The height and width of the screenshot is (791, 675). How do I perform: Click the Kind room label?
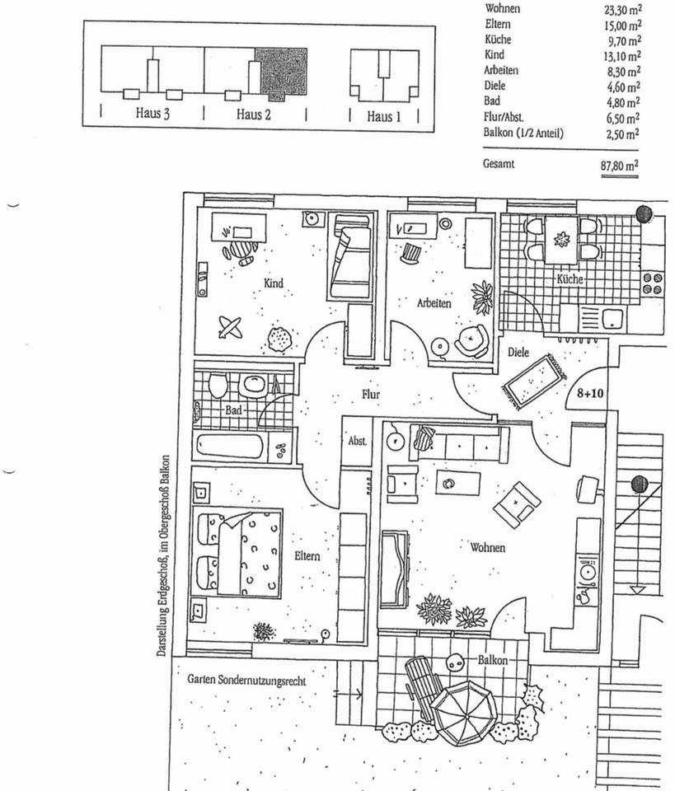(274, 283)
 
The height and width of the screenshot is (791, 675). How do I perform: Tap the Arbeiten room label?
(434, 303)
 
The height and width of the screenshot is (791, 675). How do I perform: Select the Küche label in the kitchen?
(570, 279)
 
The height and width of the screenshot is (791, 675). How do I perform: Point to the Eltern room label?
(307, 556)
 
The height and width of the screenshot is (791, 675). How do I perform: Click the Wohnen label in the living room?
(488, 547)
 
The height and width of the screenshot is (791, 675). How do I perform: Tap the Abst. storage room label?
(357, 441)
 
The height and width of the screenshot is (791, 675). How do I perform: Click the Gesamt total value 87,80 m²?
(621, 166)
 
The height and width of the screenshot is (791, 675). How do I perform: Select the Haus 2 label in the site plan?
(254, 115)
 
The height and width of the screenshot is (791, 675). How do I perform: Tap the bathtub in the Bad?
(230, 447)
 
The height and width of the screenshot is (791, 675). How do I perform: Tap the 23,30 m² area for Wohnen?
(622, 11)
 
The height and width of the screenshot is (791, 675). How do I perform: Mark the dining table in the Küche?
(561, 239)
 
